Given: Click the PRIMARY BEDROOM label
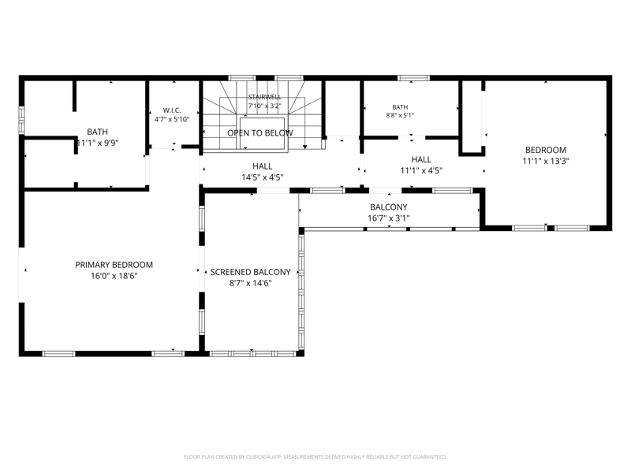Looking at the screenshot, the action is [114, 265].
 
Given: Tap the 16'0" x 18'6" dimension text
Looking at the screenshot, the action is [114, 276].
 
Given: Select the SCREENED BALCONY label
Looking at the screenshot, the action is [250, 272].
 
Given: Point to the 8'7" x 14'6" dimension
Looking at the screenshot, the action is [250, 283].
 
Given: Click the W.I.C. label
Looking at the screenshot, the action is [172, 110].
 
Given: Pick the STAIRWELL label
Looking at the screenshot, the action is [265, 97].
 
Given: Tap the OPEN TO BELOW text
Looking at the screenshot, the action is [260, 133].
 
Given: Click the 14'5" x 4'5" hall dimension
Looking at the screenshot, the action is [263, 177].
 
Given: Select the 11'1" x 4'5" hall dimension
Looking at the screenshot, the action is [421, 170].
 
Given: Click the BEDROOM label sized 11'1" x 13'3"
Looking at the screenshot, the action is [546, 150].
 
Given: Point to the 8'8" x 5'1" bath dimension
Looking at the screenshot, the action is [400, 115].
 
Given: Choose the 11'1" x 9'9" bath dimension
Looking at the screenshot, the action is [97, 143].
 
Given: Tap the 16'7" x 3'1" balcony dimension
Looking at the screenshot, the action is [389, 218].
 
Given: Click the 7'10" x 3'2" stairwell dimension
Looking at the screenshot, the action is [265, 106].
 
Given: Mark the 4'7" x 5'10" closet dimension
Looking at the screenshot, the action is [172, 120].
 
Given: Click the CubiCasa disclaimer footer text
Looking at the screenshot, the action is [315, 457].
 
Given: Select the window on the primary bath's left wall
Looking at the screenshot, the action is [21, 120].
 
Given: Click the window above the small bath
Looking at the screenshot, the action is [413, 77].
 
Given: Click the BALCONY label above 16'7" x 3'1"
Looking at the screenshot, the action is [389, 207].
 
